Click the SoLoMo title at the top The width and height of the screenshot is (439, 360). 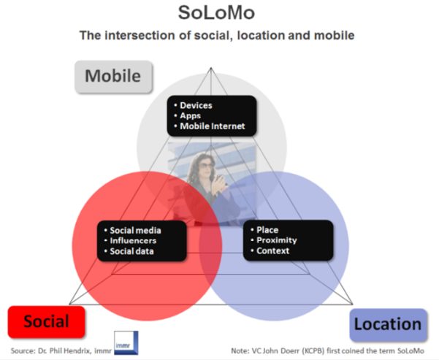coord(216,13)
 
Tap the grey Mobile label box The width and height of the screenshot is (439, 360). coord(114,77)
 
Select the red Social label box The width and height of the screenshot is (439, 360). coord(47,321)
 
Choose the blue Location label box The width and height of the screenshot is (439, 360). coord(389,324)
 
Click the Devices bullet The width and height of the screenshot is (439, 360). coord(196,105)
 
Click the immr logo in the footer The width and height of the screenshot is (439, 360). coord(126,342)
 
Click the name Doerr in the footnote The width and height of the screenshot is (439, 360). coord(290,351)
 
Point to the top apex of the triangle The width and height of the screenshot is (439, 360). coord(211,67)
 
